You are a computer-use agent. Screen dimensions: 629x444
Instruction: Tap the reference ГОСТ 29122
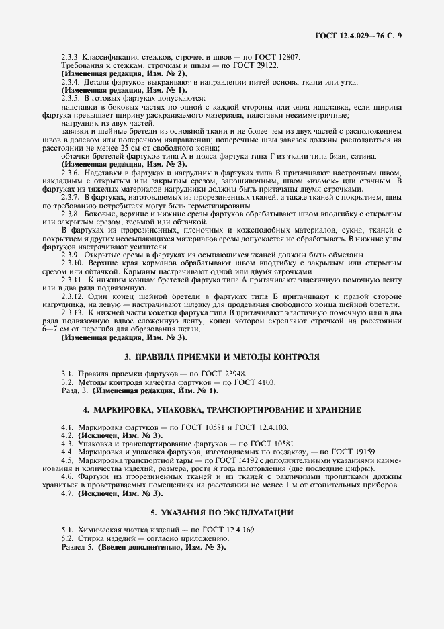point(256,66)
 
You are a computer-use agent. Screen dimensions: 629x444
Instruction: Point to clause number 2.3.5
point(71,97)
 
